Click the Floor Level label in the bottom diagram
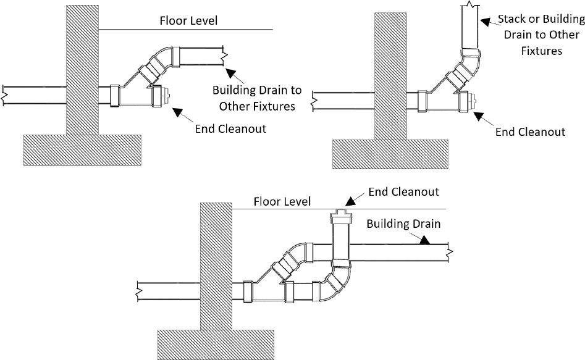coord(282,202)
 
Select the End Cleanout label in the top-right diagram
coord(531,132)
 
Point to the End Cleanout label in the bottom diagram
coord(403,191)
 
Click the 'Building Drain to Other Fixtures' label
coord(257,98)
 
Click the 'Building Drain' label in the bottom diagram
coord(403,224)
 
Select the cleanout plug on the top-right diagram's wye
coord(472,101)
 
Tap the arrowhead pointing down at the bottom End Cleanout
coord(350,200)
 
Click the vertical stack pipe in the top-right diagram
coord(471,28)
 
